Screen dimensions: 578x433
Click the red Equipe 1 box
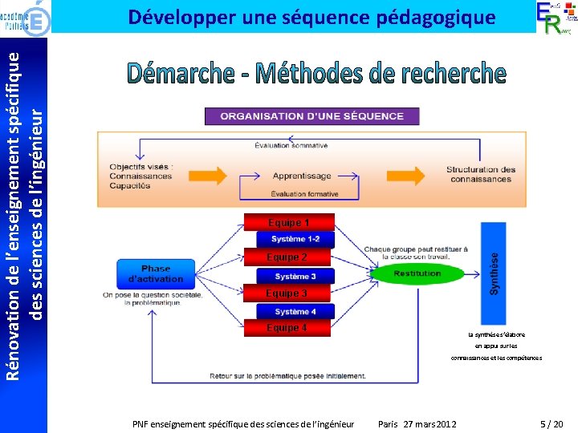tap(287, 222)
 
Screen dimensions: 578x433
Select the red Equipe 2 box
tap(287, 257)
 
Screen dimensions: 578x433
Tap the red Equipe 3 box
tap(287, 293)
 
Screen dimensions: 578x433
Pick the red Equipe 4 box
tap(287, 328)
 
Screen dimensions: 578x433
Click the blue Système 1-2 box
tap(295, 239)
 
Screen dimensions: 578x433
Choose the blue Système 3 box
tap(295, 276)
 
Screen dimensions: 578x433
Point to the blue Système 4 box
tap(295, 311)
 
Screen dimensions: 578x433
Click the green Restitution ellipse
tap(417, 273)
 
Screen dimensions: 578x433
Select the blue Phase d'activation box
tap(156, 273)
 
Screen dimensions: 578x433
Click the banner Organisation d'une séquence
tap(312, 116)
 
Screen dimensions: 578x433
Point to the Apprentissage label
tap(302, 176)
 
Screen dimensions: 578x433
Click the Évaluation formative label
tap(304, 194)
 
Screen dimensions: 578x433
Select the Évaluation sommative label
tap(291, 145)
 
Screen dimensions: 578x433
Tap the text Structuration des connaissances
tap(481, 174)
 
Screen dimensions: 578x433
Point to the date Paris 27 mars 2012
tap(417, 423)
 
